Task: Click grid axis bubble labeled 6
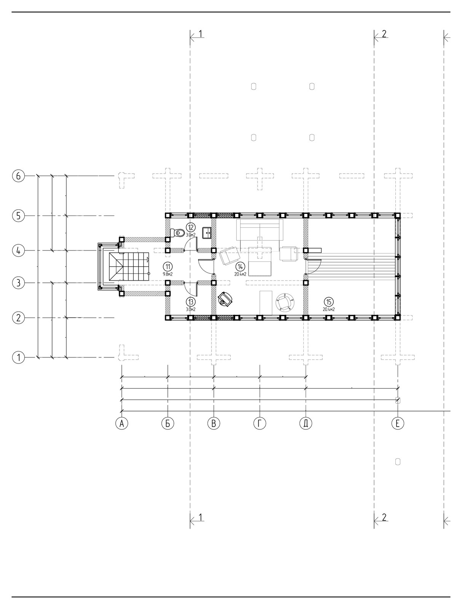[x=18, y=176]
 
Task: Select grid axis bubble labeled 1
[x=18, y=357]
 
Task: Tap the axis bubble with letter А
[x=121, y=423]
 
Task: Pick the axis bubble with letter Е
[x=398, y=423]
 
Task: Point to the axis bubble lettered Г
[x=260, y=423]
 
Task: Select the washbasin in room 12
[x=207, y=233]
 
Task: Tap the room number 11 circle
[x=168, y=267]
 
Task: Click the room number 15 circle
[x=328, y=302]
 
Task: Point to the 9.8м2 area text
[x=168, y=274]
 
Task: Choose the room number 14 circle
[x=240, y=267]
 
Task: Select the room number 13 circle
[x=191, y=301]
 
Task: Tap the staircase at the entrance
[x=130, y=267]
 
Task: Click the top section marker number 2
[x=384, y=34]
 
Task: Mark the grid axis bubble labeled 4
[x=18, y=251]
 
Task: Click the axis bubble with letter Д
[x=306, y=423]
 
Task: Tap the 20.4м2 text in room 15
[x=328, y=309]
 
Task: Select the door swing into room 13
[x=191, y=289]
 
